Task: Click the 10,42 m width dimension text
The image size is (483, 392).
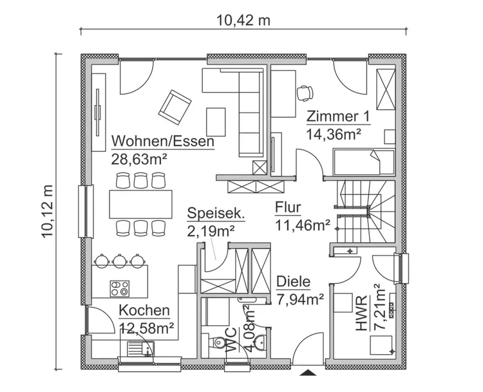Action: pyautogui.click(x=243, y=20)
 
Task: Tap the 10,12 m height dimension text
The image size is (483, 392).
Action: pyautogui.click(x=47, y=212)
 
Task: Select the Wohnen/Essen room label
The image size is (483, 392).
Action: pyautogui.click(x=162, y=141)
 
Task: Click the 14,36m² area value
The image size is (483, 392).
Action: pyautogui.click(x=333, y=134)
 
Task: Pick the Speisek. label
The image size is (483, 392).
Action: pyautogui.click(x=216, y=213)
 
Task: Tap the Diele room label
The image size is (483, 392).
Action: pyautogui.click(x=294, y=282)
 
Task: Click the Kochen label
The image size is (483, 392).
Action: pyautogui.click(x=144, y=311)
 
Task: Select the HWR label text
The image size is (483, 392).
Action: pyautogui.click(x=361, y=314)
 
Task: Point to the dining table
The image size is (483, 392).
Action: pyautogui.click(x=141, y=204)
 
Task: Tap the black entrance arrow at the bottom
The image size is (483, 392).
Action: pyautogui.click(x=310, y=373)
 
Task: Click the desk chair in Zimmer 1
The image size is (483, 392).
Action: pyautogui.click(x=305, y=93)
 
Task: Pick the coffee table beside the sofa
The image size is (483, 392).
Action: pyautogui.click(x=216, y=120)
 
